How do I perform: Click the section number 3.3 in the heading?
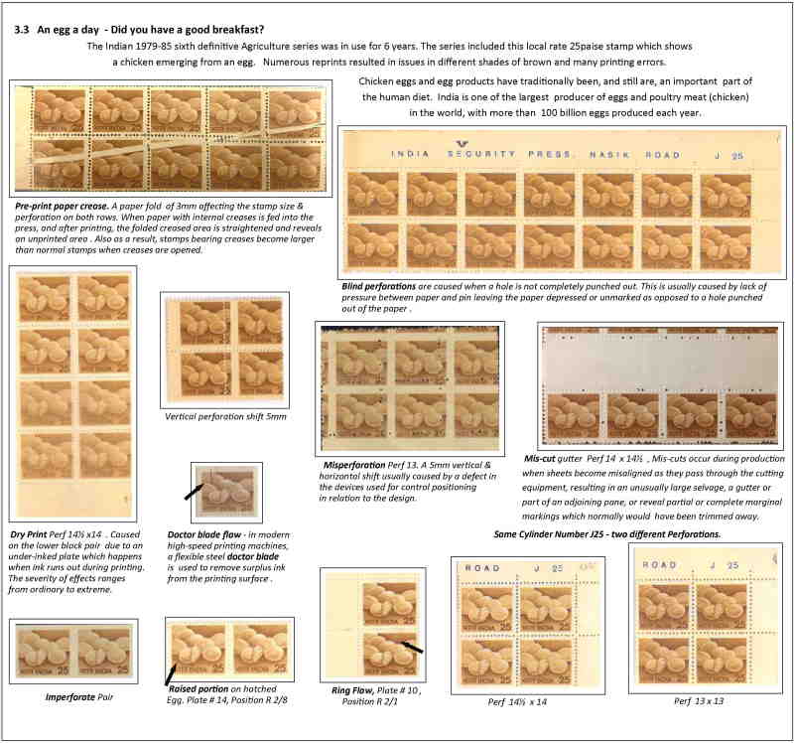22,30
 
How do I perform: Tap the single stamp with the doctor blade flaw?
226,492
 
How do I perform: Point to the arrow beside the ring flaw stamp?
412,647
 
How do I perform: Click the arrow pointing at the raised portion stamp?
171,674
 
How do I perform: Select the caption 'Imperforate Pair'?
79,697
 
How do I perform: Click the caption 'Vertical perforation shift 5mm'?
225,416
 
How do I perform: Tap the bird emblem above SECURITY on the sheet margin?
462,144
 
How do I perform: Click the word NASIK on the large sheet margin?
609,155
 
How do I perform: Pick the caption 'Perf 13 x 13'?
699,701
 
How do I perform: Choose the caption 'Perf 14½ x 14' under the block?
517,702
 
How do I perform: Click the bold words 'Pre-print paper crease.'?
62,207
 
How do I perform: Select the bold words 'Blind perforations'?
379,286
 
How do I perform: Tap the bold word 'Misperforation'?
354,465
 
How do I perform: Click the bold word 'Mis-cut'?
539,459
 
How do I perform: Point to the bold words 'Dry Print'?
29,534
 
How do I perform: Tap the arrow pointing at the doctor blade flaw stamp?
194,492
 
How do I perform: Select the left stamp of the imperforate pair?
43,651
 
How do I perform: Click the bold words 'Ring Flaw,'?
353,690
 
